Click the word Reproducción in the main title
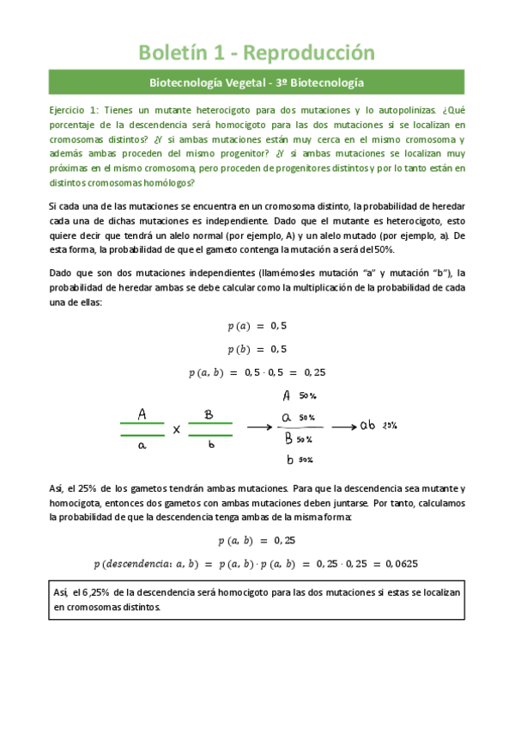pyautogui.click(x=310, y=52)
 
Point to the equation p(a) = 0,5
pyautogui.click(x=257, y=326)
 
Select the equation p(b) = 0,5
pyautogui.click(x=257, y=349)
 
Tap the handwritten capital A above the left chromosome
pyautogui.click(x=142, y=414)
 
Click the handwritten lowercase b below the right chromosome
pyautogui.click(x=210, y=446)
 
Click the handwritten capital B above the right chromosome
pyautogui.click(x=209, y=414)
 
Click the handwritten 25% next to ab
pyautogui.click(x=390, y=426)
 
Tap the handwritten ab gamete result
pyautogui.click(x=367, y=426)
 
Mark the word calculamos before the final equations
pyautogui.click(x=437, y=502)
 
